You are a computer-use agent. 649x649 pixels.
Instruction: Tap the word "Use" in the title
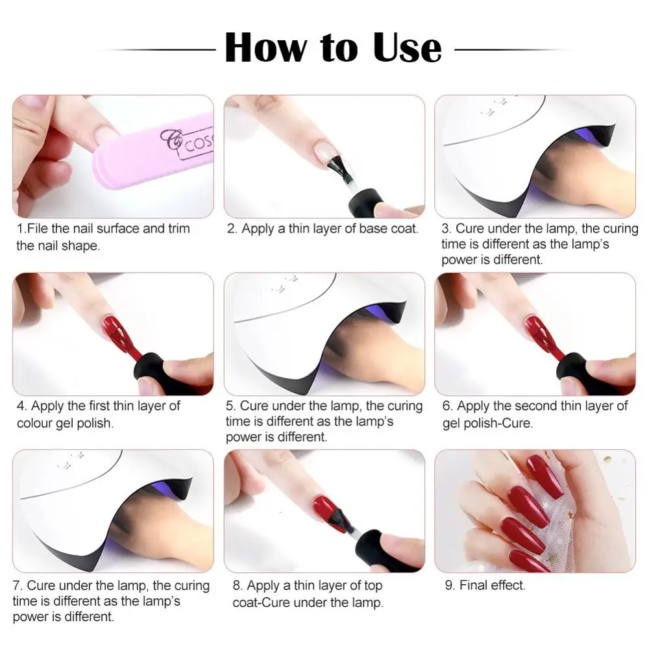[408, 47]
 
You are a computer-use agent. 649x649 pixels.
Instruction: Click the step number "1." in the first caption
[21, 229]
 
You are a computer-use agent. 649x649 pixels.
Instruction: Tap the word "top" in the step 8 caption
[373, 586]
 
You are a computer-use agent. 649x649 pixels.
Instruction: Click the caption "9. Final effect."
[485, 585]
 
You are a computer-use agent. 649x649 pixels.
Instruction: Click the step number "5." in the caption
[231, 406]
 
